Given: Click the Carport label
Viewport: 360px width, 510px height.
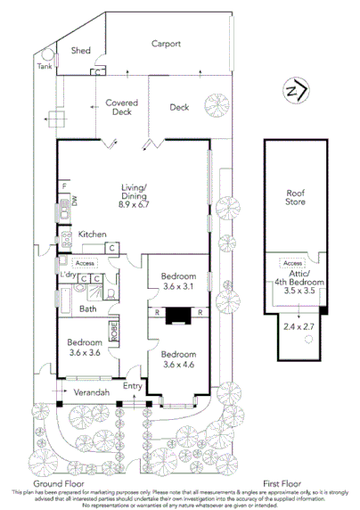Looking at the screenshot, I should (166, 43).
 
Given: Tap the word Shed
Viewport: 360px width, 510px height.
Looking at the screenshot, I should (81, 51).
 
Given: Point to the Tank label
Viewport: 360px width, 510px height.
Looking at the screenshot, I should (44, 66).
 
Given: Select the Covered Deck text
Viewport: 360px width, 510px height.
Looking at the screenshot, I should (120, 108).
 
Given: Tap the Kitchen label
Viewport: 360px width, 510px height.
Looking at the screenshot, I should (93, 234).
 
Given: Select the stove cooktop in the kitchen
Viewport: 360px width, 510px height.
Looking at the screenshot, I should (65, 239).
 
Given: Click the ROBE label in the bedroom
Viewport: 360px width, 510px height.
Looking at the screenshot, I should (113, 333).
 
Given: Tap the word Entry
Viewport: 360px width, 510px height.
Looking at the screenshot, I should (133, 386).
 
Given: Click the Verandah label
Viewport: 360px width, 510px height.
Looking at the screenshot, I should (91, 392).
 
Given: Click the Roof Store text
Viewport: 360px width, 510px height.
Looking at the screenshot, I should (295, 199).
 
